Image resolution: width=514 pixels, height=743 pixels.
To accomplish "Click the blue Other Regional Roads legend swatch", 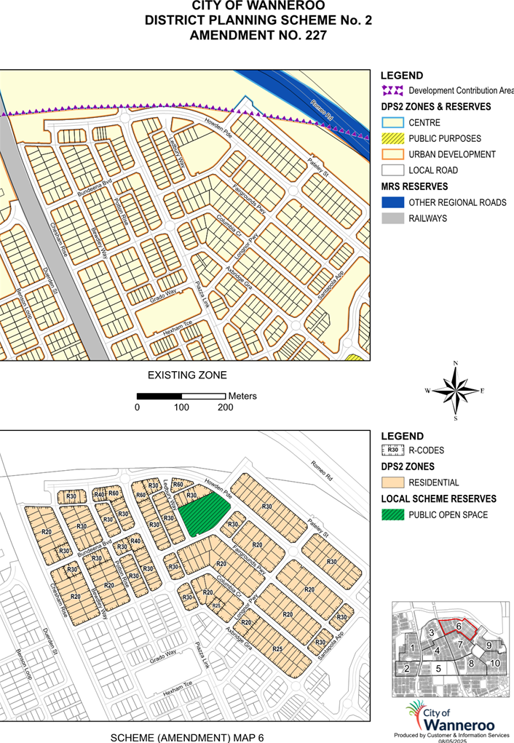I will point(392,202).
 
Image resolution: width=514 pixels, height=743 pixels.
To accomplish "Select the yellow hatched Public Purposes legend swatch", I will point(392,138).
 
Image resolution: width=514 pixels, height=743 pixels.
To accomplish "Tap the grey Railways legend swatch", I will point(392,218).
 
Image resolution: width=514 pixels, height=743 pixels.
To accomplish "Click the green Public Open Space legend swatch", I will point(392,515).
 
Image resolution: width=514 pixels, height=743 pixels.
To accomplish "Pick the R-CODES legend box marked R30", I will point(392,450).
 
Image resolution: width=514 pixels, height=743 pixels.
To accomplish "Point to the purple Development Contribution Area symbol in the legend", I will point(392,91).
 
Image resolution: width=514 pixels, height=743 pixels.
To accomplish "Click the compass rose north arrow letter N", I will point(455,362).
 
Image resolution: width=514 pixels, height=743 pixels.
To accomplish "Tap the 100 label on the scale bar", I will point(181,408).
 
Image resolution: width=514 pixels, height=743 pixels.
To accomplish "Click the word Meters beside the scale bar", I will point(242,397).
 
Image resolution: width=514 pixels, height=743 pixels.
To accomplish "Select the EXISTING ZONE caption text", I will point(187,376).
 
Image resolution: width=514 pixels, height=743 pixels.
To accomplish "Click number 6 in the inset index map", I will point(459,626).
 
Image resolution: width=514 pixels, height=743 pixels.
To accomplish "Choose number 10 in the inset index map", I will point(494,663).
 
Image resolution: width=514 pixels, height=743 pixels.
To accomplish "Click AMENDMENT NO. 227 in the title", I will point(258,34).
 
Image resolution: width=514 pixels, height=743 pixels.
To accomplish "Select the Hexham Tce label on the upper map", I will point(176,329).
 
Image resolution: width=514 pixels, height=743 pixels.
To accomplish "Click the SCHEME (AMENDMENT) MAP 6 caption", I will point(187,737).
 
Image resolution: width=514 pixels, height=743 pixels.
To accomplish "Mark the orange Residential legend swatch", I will point(392,482).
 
